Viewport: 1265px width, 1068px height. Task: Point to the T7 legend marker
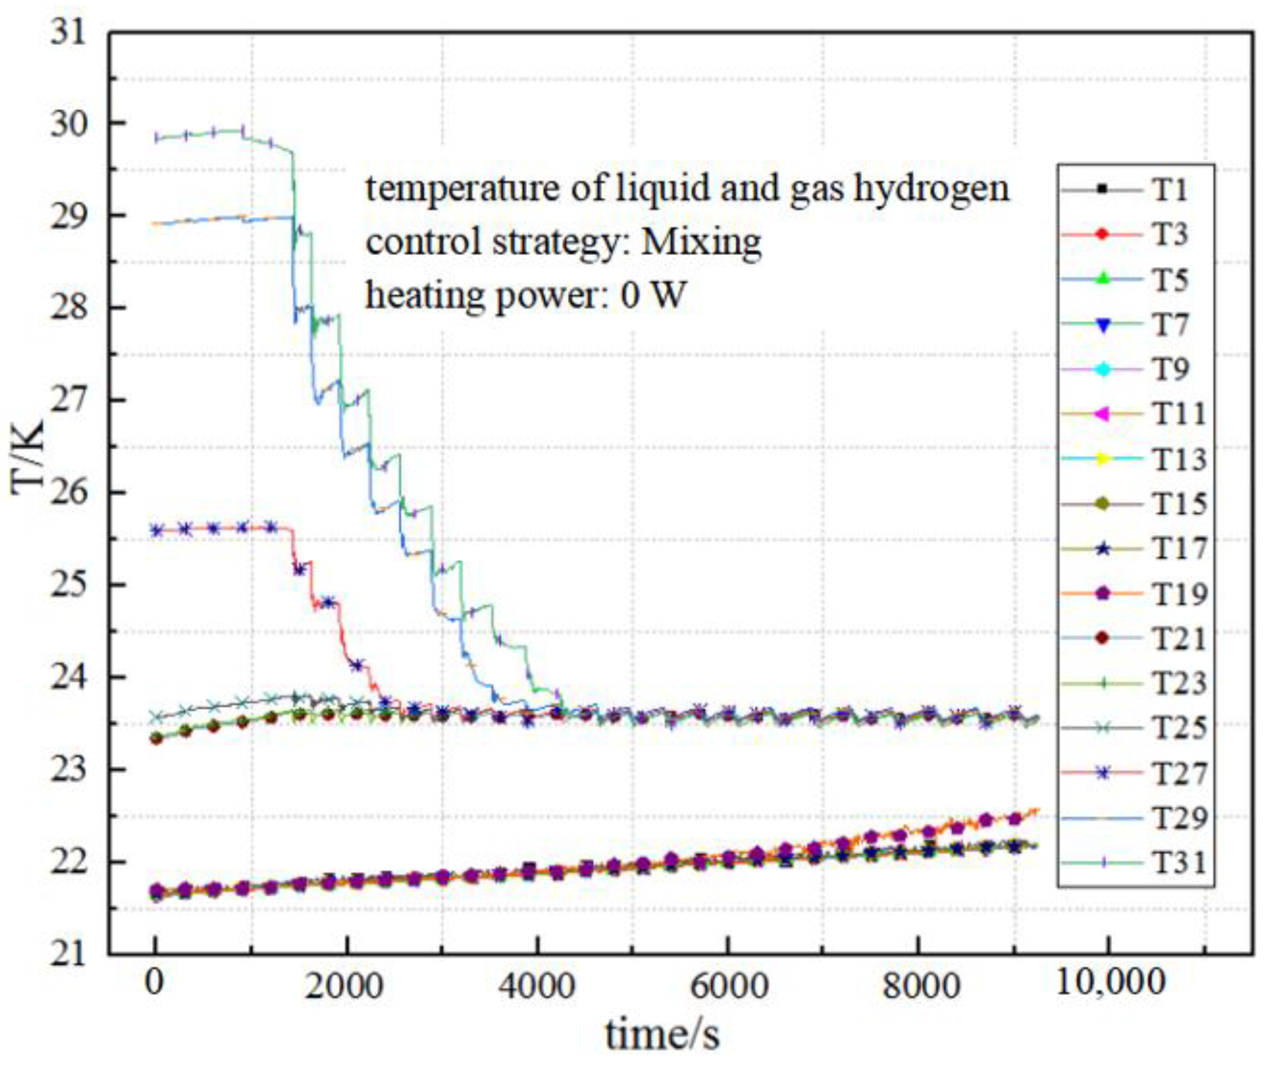click(x=1103, y=324)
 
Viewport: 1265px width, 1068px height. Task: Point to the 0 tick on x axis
click(x=154, y=985)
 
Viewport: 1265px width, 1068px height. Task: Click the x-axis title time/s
click(x=662, y=1035)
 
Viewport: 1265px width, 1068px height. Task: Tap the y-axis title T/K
click(x=28, y=457)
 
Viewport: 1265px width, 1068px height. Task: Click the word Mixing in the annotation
click(x=701, y=242)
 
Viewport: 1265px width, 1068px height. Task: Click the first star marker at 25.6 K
click(x=157, y=530)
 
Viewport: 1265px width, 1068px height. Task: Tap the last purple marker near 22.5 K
click(x=1015, y=818)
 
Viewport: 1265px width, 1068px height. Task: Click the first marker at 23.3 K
click(x=156, y=738)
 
